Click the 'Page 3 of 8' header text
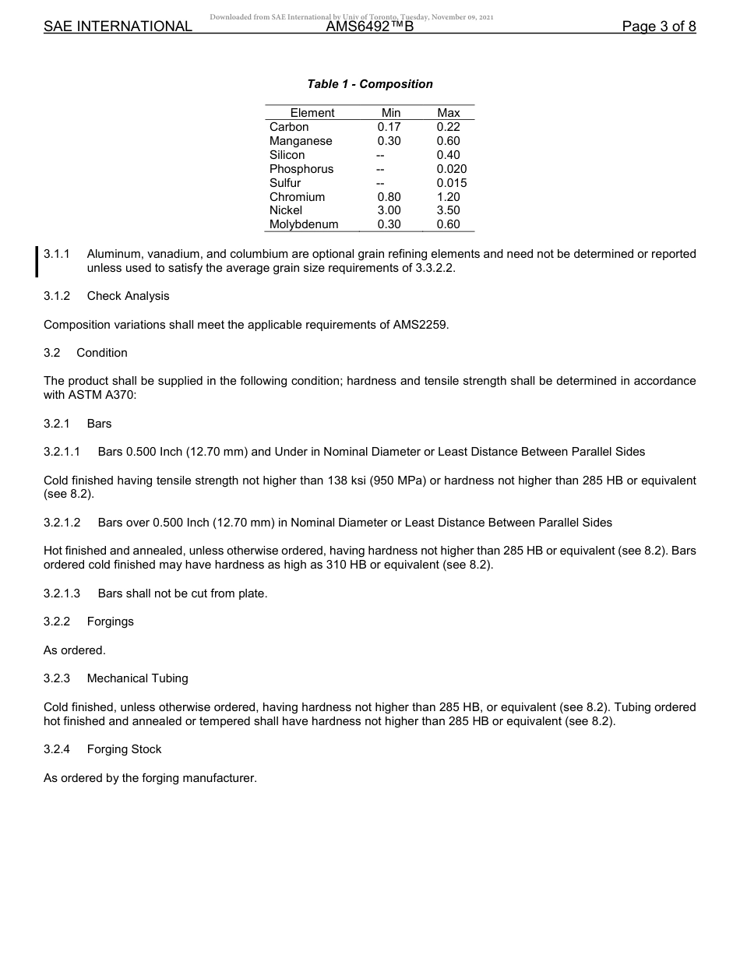[658, 26]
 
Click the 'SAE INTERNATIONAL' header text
[118, 26]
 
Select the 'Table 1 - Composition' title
[370, 84]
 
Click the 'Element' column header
[312, 113]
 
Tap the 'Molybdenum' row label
[304, 224]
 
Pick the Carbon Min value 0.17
[389, 127]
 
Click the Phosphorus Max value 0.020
[452, 169]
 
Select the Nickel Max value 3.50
[448, 210]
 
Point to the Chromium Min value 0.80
[389, 197]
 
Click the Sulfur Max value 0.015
[452, 183]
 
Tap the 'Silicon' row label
[287, 155]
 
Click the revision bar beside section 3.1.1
[37, 261]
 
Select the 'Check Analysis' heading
[128, 296]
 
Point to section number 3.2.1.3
[62, 593]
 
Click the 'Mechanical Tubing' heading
[137, 678]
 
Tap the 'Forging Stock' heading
[124, 749]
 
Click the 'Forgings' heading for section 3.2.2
[110, 622]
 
